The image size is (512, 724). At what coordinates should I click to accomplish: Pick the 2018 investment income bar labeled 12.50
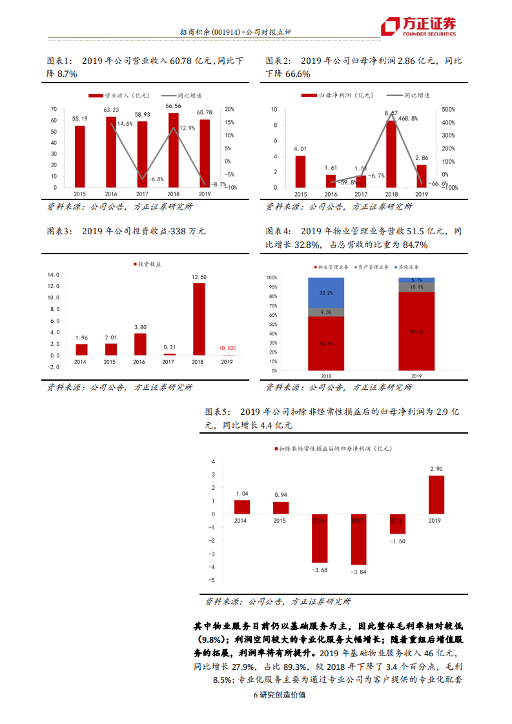click(199, 319)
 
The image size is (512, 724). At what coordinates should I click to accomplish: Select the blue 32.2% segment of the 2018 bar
click(326, 293)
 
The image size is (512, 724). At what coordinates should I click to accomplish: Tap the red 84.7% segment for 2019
click(416, 332)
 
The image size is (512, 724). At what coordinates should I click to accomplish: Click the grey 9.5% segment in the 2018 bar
click(326, 312)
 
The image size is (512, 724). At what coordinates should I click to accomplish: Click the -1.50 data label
click(397, 541)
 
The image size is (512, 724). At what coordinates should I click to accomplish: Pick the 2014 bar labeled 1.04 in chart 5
click(242, 507)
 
